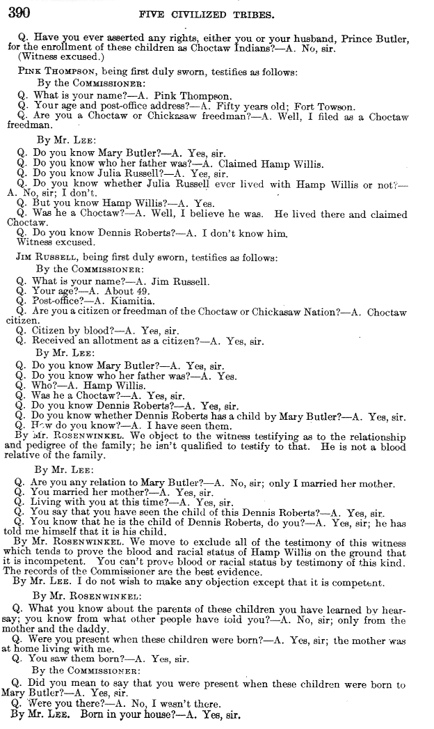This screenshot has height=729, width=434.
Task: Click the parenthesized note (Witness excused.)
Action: pos(54,56)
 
